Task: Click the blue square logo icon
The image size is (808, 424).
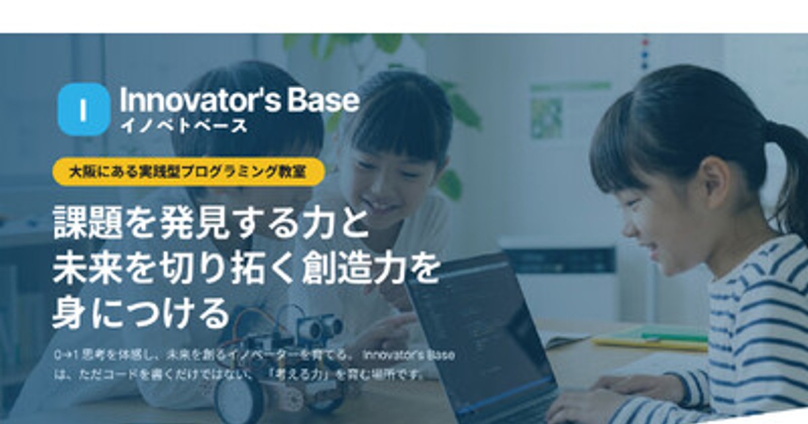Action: [x=83, y=110]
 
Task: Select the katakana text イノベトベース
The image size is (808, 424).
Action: [x=183, y=126]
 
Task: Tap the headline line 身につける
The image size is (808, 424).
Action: [x=140, y=312]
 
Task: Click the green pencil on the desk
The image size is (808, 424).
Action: [x=673, y=336]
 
